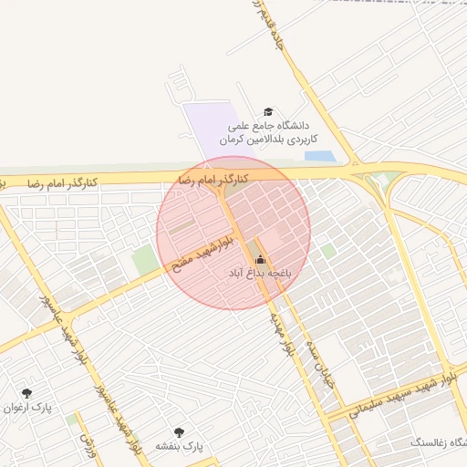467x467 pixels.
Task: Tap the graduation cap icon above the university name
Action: (267, 110)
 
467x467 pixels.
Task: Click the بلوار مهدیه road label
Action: (281, 334)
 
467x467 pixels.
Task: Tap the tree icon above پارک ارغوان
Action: (26, 392)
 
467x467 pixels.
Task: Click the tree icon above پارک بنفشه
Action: (178, 431)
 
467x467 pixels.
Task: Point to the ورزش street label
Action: (87, 445)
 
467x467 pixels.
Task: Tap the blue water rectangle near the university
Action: (319, 156)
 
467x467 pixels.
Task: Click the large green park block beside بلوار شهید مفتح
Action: (144, 261)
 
